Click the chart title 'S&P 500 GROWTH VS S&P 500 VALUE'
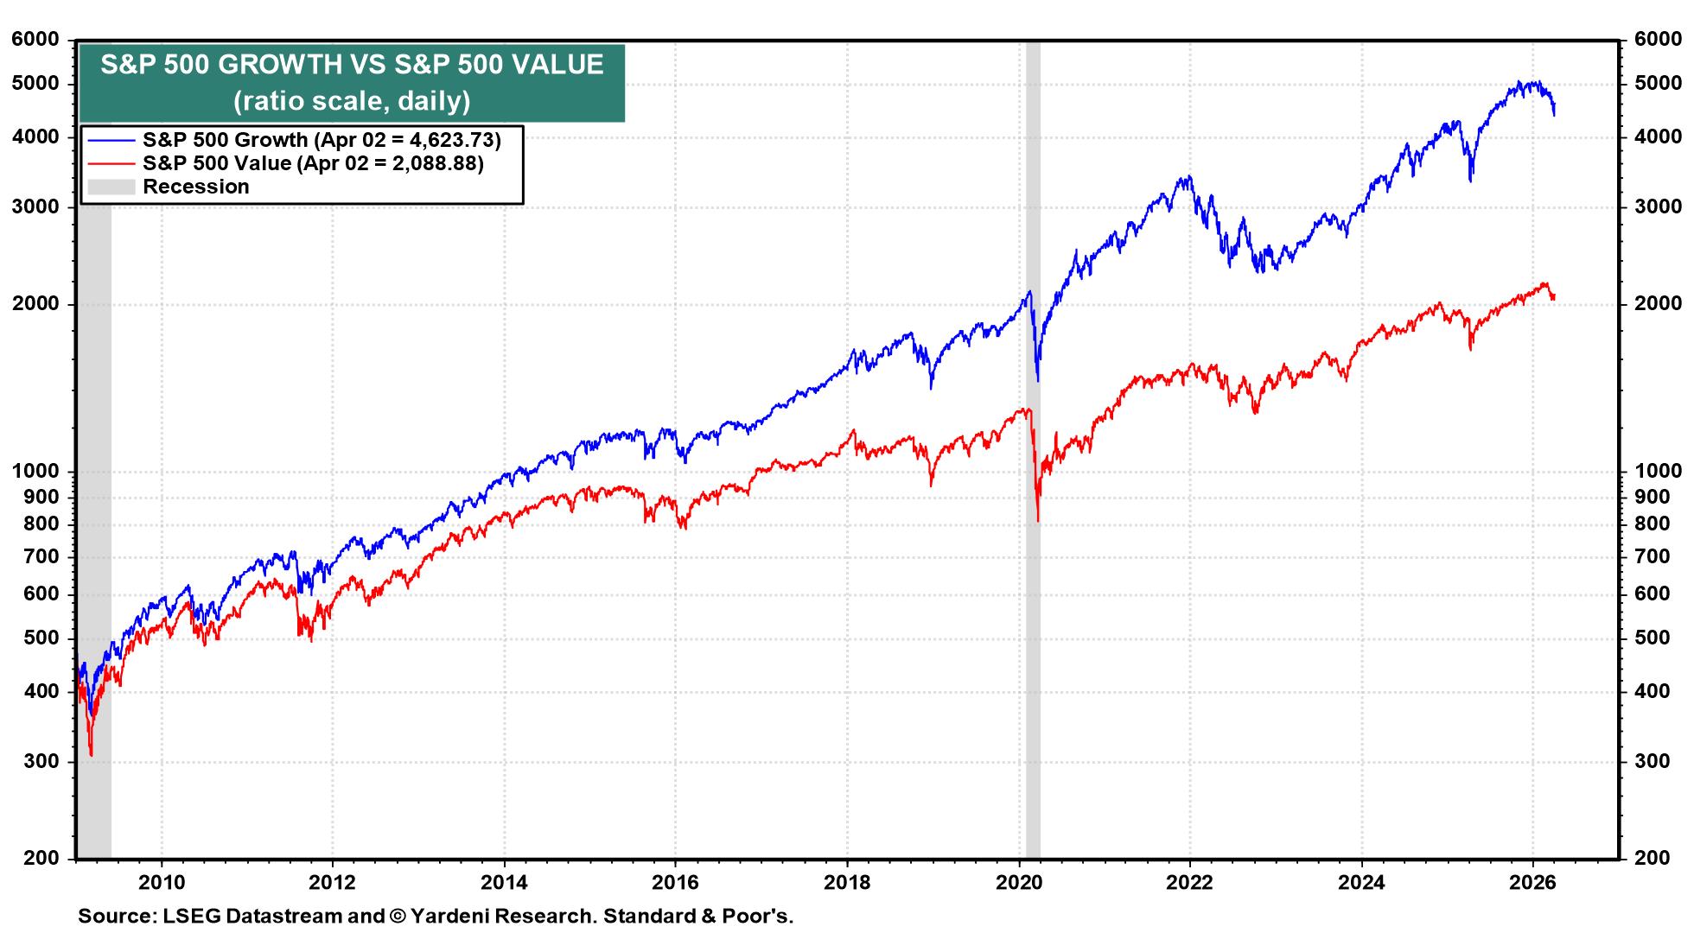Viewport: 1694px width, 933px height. [x=352, y=65]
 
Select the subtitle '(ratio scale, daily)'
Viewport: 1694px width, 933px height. [x=352, y=101]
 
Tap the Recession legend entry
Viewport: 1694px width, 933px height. [x=195, y=187]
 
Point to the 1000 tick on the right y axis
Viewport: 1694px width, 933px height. [x=1658, y=471]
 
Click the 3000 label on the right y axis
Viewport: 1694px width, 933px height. [x=1658, y=206]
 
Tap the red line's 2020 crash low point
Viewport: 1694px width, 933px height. [x=1038, y=521]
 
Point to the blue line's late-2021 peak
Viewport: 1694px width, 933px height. [x=1190, y=177]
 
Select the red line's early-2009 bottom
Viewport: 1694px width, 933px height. [x=91, y=756]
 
